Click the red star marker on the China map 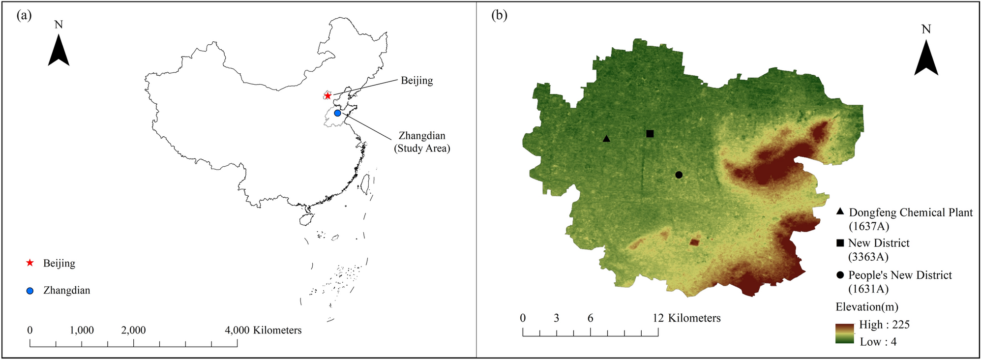click(327, 95)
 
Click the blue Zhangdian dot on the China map click(337, 113)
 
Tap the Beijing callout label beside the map click(416, 80)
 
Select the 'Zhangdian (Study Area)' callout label click(422, 142)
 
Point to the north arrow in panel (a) click(59, 52)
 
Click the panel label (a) click(24, 15)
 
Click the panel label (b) click(500, 15)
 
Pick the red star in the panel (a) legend click(30, 263)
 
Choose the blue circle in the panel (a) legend click(30, 291)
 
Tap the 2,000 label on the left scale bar click(133, 330)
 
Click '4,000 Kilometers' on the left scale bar click(263, 330)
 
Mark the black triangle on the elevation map click(606, 139)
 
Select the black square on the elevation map click(650, 134)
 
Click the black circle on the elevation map click(679, 175)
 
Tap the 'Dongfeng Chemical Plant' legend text click(911, 213)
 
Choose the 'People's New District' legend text click(900, 275)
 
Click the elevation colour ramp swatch click(844, 333)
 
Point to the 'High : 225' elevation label click(884, 325)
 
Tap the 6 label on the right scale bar click(590, 318)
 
